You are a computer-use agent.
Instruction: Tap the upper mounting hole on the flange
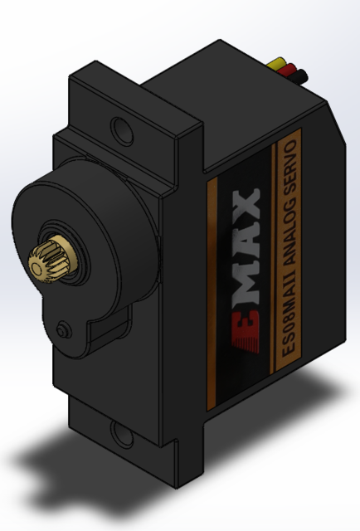pos(122,129)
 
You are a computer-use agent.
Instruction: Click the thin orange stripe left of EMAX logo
pos(213,290)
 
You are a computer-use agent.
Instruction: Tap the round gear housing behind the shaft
pos(91,224)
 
